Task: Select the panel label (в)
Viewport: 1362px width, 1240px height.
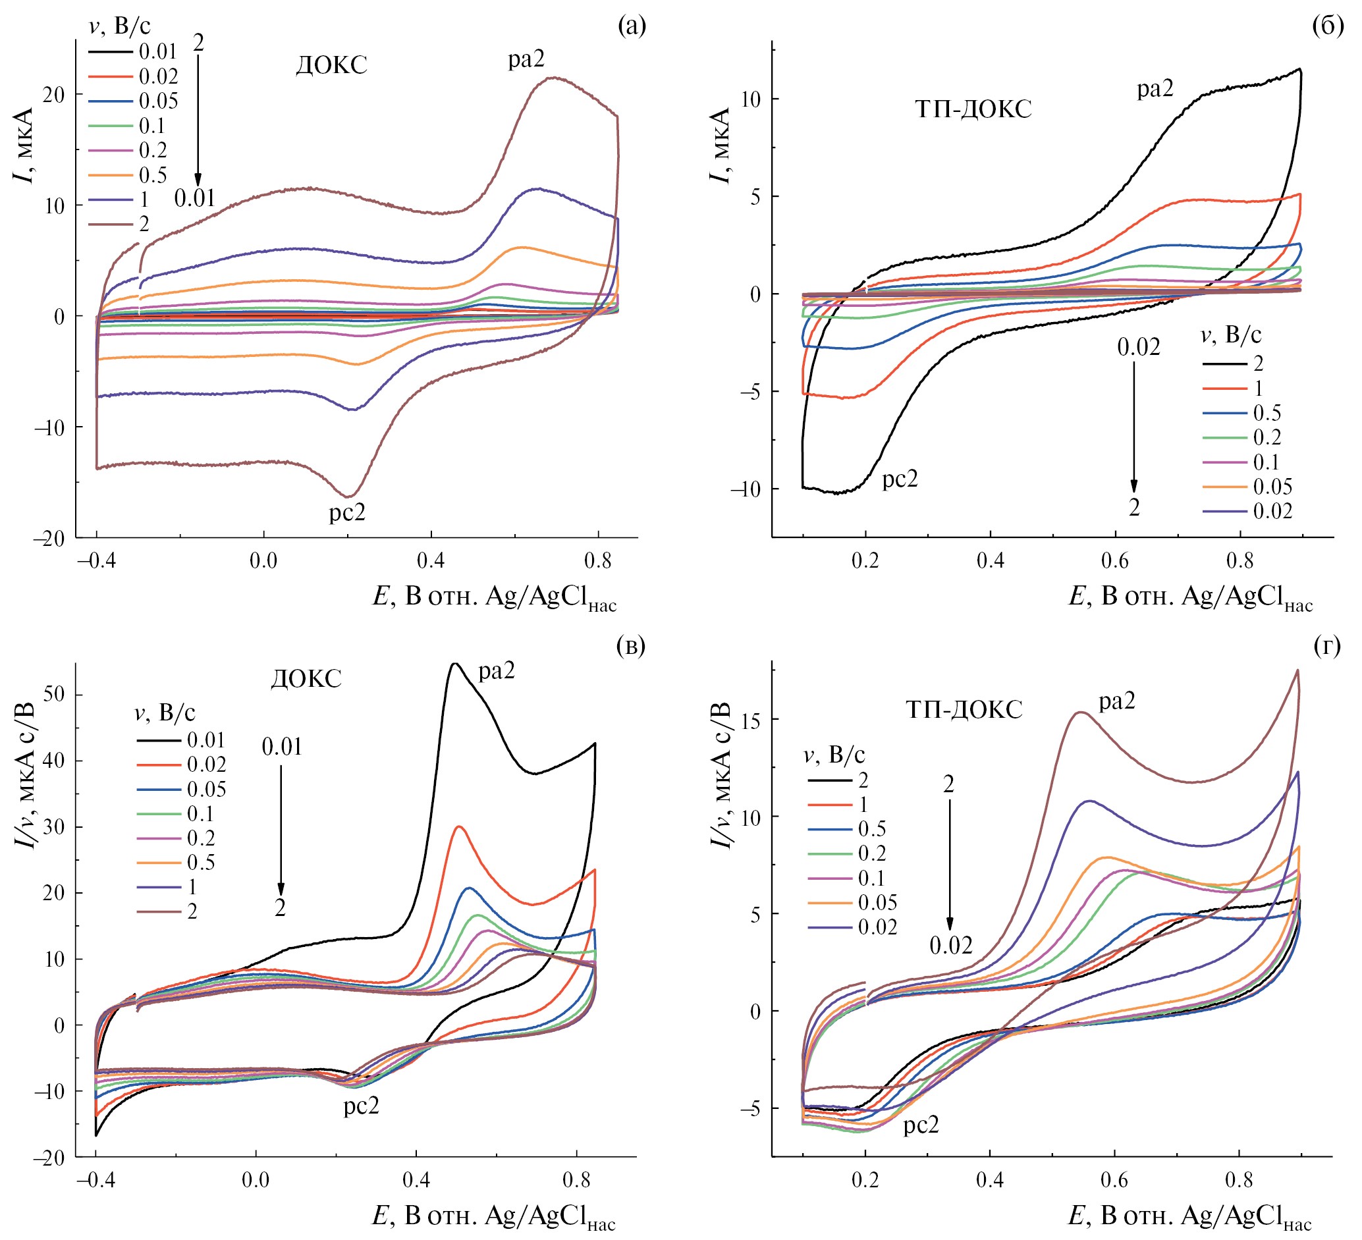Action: (631, 645)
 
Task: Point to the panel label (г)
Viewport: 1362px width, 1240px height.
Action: (1328, 645)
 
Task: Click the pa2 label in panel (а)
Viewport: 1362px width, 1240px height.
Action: (526, 60)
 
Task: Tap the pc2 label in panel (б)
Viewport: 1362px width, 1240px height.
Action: (900, 479)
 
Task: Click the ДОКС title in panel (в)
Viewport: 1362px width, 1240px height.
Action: (306, 678)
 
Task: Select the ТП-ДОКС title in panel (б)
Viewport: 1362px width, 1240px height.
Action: (973, 109)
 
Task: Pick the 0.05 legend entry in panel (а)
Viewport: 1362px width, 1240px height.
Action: (158, 101)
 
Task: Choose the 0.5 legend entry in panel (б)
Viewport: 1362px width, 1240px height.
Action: (1267, 413)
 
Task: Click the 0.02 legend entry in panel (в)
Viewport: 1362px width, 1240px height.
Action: (206, 765)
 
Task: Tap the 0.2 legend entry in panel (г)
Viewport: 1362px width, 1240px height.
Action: (871, 853)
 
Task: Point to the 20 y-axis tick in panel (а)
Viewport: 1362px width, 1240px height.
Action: (54, 95)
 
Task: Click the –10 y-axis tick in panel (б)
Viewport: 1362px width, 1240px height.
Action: (745, 489)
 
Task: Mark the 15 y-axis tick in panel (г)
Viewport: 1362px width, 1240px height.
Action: (748, 719)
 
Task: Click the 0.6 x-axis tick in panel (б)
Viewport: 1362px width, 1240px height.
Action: (1115, 560)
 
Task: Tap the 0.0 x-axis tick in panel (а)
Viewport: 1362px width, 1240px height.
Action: (263, 560)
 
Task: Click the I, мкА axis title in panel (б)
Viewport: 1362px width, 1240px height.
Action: (721, 146)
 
